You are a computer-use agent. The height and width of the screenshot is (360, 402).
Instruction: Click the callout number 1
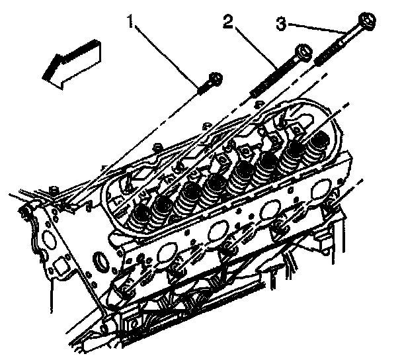(x=131, y=21)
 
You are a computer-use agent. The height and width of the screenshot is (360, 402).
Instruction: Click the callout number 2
(x=228, y=21)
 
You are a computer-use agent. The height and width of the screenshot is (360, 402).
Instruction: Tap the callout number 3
(x=281, y=24)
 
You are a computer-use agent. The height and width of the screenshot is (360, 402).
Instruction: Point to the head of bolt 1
(x=216, y=79)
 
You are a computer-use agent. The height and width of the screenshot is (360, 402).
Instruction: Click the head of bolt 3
(x=367, y=21)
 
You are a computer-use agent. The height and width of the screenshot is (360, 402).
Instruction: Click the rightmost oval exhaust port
(x=321, y=190)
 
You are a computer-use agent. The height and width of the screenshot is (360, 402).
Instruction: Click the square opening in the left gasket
(x=60, y=267)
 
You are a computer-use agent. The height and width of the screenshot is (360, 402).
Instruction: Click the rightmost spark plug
(x=332, y=202)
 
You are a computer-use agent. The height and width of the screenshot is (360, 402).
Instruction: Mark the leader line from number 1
(x=167, y=56)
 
